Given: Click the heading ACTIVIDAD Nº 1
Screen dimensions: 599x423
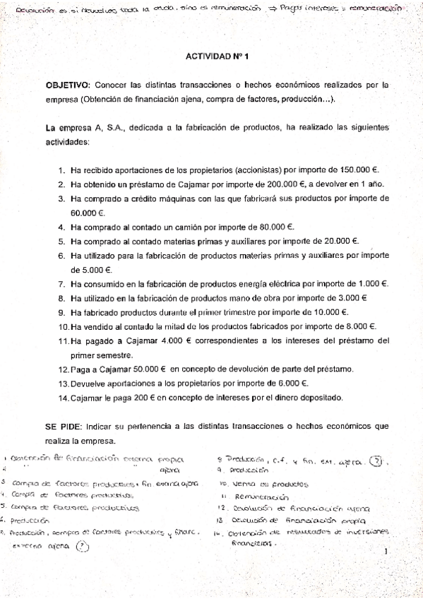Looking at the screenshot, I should click(x=211, y=54).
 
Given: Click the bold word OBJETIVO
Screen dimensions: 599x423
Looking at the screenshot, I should click(x=67, y=83).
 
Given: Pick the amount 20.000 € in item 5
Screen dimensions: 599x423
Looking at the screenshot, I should click(x=338, y=241).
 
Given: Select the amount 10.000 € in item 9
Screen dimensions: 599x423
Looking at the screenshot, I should click(x=328, y=312).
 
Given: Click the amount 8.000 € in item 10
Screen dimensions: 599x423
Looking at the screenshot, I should click(x=357, y=326).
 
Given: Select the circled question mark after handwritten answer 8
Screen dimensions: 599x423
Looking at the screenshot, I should click(x=379, y=461).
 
